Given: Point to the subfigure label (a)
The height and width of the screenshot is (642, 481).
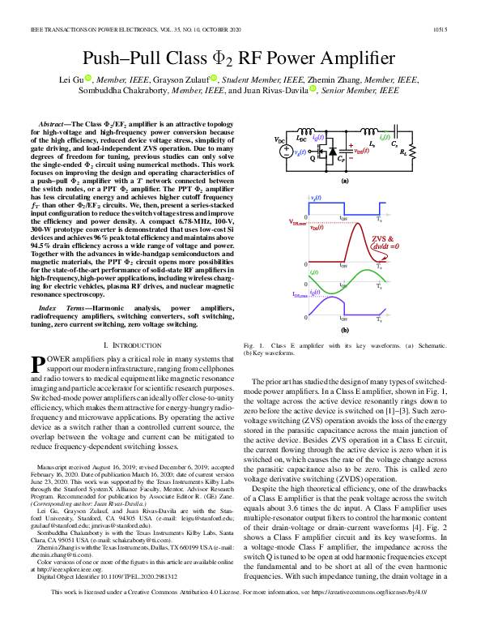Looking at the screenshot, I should pyautogui.click(x=344, y=182).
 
